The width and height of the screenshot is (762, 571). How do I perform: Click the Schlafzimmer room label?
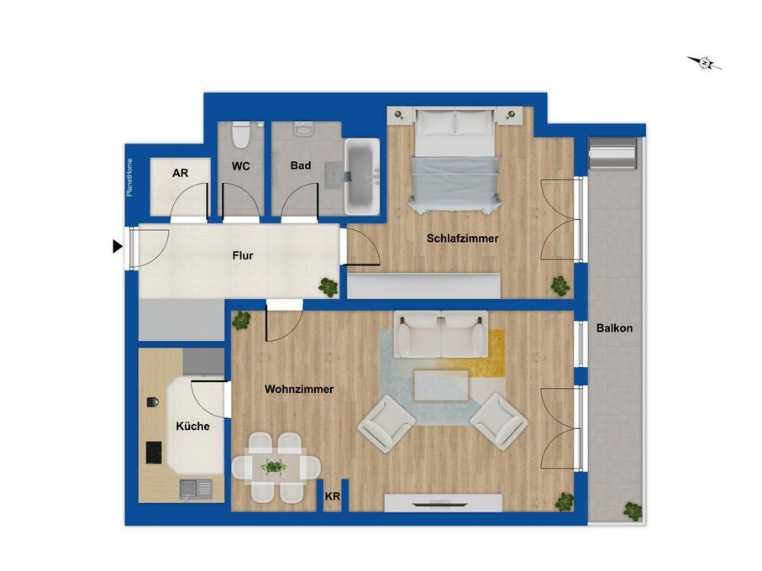(462, 238)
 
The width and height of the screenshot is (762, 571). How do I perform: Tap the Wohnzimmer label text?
(299, 390)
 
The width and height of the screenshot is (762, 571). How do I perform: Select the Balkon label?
(614, 328)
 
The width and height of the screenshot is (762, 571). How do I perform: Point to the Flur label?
(242, 255)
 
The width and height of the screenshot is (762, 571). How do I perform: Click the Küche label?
(192, 427)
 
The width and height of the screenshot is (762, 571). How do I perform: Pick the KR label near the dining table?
(333, 497)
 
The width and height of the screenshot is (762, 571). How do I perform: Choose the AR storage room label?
(180, 174)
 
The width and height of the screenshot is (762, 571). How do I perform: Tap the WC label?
(242, 165)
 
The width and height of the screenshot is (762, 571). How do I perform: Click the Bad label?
(300, 165)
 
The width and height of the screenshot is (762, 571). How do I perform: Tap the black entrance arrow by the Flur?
(118, 247)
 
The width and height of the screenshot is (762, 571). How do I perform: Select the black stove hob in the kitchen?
(155, 453)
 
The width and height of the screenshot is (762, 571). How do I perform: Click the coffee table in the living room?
(441, 385)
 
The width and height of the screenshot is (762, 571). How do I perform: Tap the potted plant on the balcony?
(631, 509)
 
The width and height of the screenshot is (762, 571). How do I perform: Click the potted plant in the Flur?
(328, 286)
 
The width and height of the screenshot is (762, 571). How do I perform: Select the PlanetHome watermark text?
(129, 177)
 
